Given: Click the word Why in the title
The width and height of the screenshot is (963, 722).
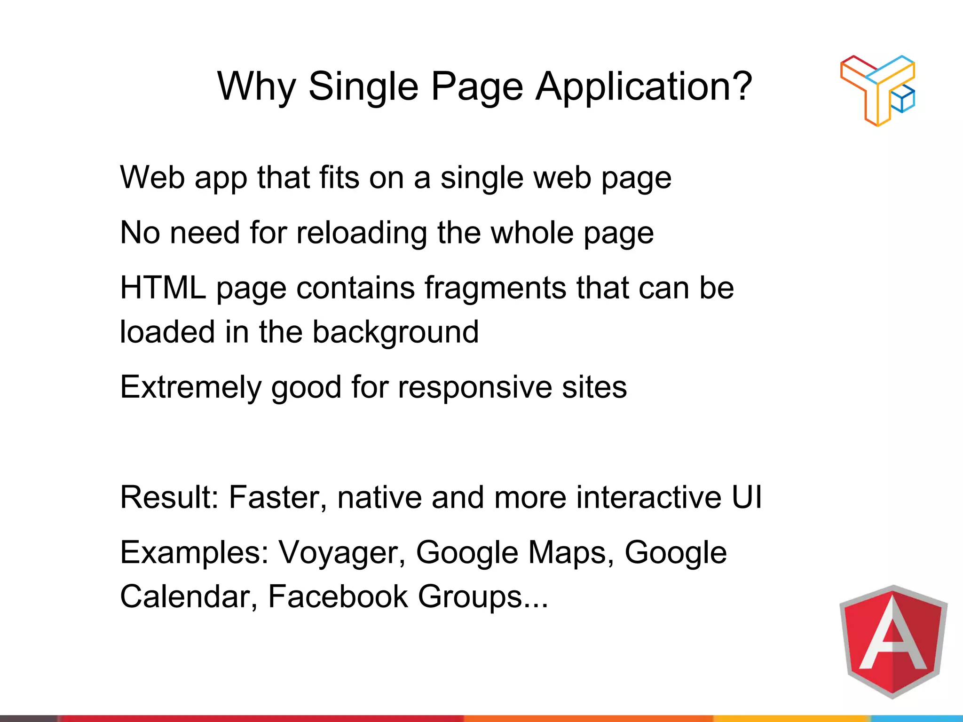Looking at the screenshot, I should tap(256, 87).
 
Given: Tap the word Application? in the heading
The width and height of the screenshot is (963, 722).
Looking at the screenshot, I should tap(644, 87).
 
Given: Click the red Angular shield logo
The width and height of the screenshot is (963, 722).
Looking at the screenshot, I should tap(893, 641).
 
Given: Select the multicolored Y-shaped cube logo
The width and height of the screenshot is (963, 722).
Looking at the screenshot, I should tap(877, 90).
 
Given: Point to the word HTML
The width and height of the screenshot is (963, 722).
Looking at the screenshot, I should tap(163, 288).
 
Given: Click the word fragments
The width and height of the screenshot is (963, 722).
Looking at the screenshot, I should tap(495, 288).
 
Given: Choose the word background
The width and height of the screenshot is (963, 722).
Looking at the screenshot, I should tap(395, 332).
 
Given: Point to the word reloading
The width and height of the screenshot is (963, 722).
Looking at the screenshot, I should tap(362, 233).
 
